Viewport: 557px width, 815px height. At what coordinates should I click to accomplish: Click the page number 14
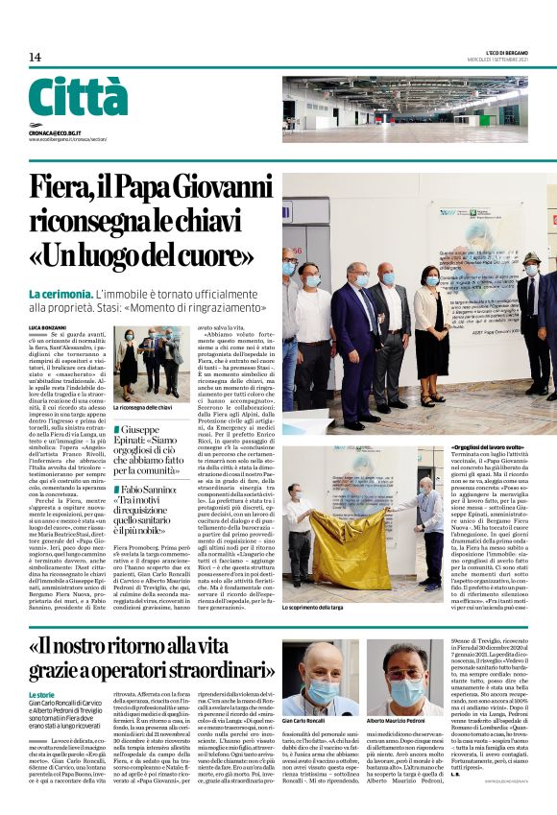(35, 58)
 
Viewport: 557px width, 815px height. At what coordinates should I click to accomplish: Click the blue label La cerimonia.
(60, 293)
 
